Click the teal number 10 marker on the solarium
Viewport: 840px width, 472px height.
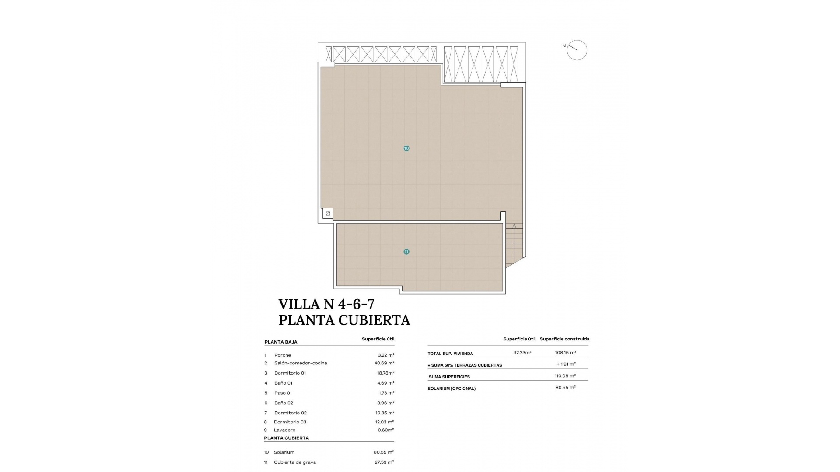(x=406, y=149)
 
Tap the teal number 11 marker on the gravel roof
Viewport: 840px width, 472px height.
(x=406, y=252)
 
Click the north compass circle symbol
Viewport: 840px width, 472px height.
(x=577, y=50)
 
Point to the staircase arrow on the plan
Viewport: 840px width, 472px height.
(x=514, y=227)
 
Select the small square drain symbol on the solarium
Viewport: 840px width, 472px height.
(x=328, y=214)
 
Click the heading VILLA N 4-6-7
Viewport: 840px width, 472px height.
(x=326, y=304)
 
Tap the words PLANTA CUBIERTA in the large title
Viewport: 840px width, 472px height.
(x=344, y=320)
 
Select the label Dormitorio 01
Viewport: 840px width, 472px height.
(x=290, y=373)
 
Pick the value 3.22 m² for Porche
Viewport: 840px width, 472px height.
(x=386, y=355)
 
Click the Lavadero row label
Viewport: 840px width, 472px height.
(x=284, y=430)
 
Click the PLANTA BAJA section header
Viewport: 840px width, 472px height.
(x=280, y=342)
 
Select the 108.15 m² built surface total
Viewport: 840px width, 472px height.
(x=565, y=353)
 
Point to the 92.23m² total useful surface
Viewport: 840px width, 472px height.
(x=522, y=353)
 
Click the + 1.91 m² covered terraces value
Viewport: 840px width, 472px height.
(x=566, y=364)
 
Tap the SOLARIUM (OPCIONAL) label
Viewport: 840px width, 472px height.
(x=451, y=389)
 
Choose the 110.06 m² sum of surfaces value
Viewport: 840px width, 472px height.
(x=565, y=376)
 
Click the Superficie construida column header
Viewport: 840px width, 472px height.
(x=564, y=339)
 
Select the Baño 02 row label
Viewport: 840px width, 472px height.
(x=283, y=403)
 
